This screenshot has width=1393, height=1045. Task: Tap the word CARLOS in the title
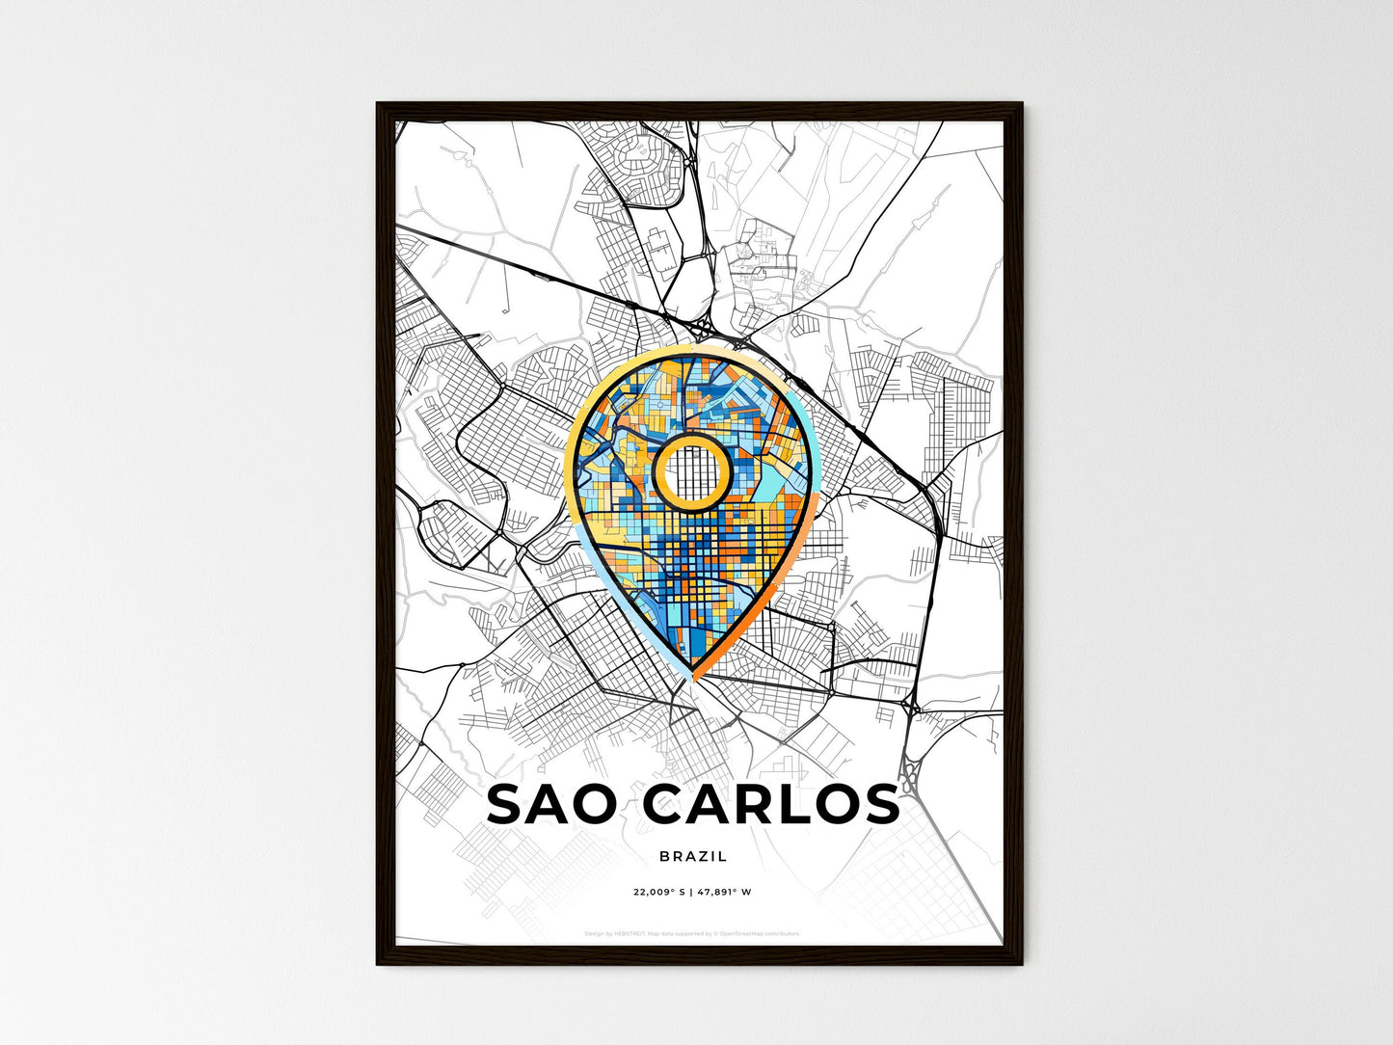[x=770, y=805]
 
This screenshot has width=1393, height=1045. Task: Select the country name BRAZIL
[x=694, y=856]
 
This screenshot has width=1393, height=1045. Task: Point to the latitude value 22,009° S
[x=659, y=893]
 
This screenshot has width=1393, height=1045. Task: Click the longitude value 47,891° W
[x=726, y=893]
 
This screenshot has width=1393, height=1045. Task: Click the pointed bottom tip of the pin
[x=693, y=679]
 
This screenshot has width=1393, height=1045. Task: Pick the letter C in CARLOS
[x=663, y=805]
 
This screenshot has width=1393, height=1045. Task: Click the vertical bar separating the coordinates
[x=693, y=893]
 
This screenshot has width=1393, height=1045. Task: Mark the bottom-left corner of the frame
[x=379, y=962]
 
